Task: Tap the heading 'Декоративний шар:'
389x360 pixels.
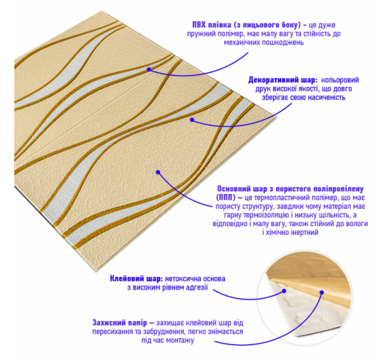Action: (x=283, y=80)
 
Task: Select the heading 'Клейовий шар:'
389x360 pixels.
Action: (x=136, y=279)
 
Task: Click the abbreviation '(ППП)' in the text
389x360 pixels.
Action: (x=225, y=198)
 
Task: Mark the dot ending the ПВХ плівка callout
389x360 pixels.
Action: (x=149, y=69)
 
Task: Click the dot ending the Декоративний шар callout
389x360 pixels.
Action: (x=192, y=120)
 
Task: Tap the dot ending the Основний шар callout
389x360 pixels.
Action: (x=158, y=172)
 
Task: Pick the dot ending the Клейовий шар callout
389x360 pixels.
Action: (x=284, y=291)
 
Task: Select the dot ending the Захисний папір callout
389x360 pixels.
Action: (x=321, y=293)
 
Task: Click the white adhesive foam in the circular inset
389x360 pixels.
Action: (x=297, y=312)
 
